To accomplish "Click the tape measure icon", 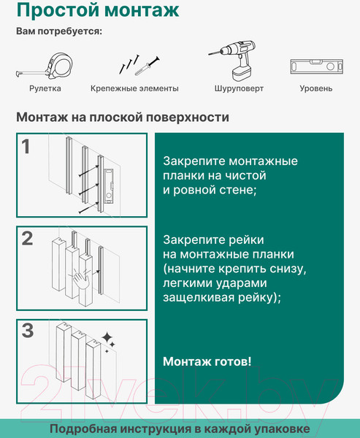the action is [45, 66].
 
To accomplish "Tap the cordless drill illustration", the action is [234, 61].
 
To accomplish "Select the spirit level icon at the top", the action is [317, 66].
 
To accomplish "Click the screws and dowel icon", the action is [139, 65].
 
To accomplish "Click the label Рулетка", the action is [45, 88].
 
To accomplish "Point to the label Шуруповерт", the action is [239, 88].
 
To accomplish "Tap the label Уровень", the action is [316, 88].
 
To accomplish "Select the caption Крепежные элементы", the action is [134, 88].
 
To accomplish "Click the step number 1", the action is [26, 147].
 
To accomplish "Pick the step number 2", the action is [28, 238].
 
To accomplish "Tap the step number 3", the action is [28, 331].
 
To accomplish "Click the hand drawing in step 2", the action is [81, 280].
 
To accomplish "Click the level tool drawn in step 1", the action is [109, 186].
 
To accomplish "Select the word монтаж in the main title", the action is [142, 10].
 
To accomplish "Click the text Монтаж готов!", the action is [207, 361].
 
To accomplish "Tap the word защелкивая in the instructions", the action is [199, 298].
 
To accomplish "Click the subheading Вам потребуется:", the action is [59, 31].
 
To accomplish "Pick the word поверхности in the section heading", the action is [188, 118].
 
